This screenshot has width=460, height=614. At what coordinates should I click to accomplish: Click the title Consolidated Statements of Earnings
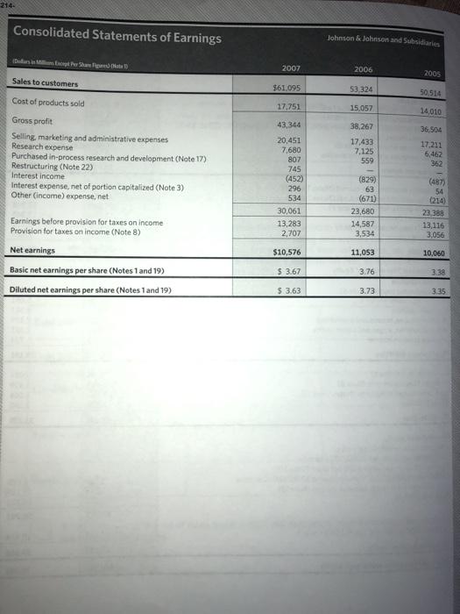coord(117,37)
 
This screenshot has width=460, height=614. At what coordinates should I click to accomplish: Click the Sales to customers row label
coord(45,84)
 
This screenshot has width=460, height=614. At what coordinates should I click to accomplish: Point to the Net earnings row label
coord(33,225)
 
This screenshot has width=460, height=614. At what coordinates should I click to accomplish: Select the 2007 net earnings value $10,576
coord(289,227)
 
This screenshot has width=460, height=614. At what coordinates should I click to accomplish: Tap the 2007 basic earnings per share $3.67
coord(290,247)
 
